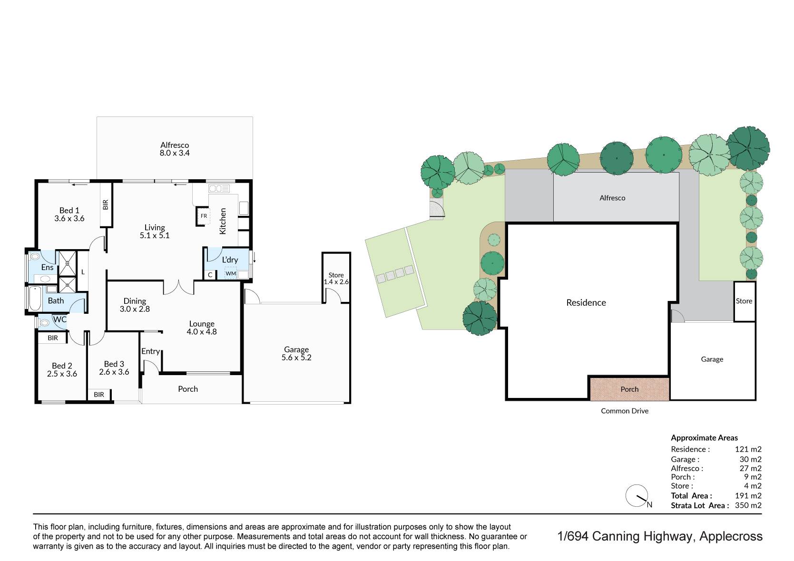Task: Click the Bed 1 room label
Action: point(69,210)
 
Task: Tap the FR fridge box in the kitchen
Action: point(204,216)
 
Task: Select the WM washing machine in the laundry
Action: point(231,273)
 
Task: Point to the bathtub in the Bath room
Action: point(34,299)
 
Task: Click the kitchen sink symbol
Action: point(219,188)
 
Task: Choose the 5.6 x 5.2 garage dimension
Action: point(296,358)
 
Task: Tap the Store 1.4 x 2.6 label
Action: point(336,279)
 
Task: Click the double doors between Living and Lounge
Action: point(179,287)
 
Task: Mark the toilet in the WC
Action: point(44,323)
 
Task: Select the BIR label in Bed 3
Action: point(99,395)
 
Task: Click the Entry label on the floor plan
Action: point(151,351)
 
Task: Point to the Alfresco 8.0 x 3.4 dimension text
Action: point(175,153)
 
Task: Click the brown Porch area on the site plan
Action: point(629,389)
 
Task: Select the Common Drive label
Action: point(625,411)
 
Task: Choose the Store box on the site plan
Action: point(745,301)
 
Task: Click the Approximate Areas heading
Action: point(704,438)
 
